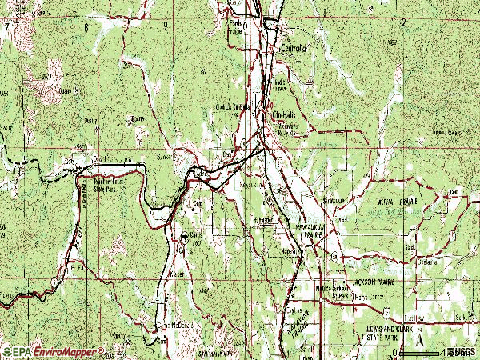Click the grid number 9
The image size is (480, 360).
click(164, 26)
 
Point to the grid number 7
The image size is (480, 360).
click(6, 26)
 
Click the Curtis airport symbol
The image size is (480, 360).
click(184, 238)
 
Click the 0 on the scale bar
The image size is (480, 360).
click(395, 352)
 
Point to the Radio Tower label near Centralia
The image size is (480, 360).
click(281, 84)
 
